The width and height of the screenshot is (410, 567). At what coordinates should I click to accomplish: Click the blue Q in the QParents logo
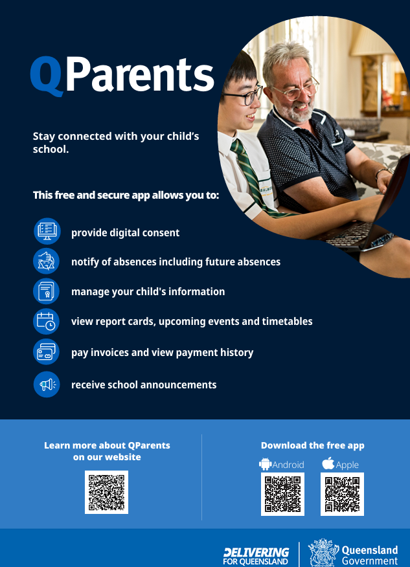[46, 75]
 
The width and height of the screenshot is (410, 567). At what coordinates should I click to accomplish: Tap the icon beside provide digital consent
[47, 232]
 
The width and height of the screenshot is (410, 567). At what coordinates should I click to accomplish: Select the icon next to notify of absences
[47, 261]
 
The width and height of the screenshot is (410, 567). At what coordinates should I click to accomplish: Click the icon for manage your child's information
[47, 291]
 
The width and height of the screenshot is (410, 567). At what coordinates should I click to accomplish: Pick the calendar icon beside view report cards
[47, 322]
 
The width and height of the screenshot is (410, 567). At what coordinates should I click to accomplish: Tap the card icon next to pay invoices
[47, 352]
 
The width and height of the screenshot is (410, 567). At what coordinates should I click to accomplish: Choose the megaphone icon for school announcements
[47, 384]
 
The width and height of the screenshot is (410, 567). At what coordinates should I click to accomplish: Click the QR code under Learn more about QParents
[106, 492]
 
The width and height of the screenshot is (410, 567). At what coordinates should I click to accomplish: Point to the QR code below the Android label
[282, 494]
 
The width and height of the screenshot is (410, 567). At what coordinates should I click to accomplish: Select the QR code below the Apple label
[342, 494]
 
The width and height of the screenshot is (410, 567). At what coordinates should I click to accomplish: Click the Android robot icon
[266, 464]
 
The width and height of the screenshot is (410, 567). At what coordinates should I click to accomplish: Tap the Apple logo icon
[328, 463]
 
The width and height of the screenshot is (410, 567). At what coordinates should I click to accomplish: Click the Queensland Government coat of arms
[323, 553]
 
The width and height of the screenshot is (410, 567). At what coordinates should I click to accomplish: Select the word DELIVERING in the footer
[256, 553]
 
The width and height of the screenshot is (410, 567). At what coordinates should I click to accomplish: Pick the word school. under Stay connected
[51, 149]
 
